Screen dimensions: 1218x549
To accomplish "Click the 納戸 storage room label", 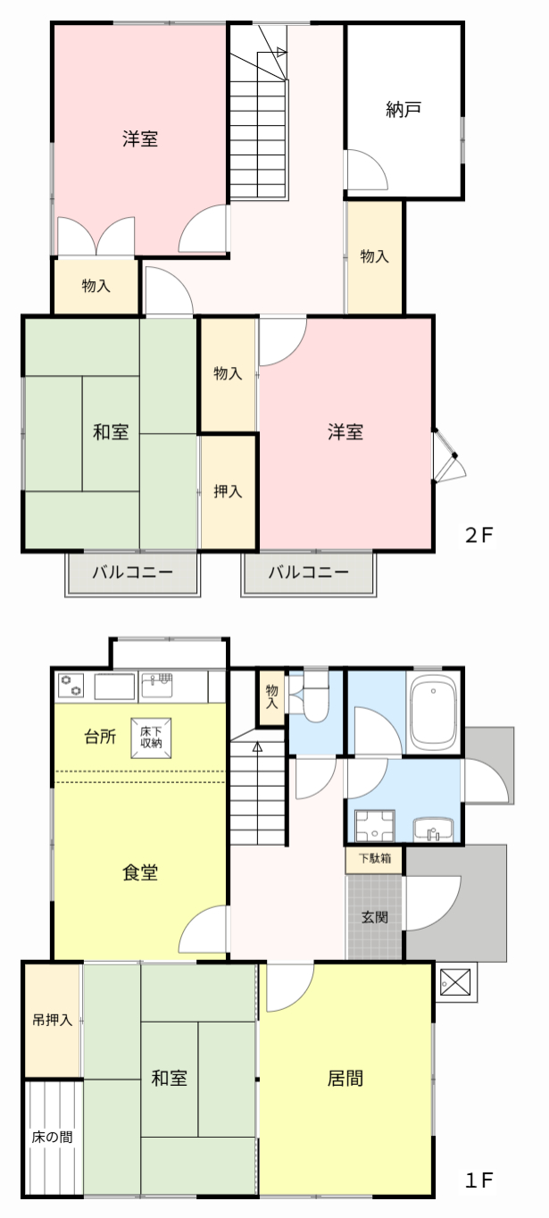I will tap(403, 110).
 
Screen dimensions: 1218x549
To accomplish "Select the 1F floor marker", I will tap(478, 1180).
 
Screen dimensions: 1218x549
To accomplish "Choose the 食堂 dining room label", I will tap(140, 872).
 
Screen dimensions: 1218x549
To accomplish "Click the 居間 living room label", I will tap(345, 1078).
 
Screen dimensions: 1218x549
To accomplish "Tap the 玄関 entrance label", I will tap(375, 917).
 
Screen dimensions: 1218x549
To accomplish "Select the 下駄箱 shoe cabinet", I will tap(375, 860).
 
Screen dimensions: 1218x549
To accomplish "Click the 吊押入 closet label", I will tap(53, 1020).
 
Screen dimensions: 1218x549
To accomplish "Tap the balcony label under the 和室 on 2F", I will tap(132, 572).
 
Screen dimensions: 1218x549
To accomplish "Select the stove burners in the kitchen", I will tap(71, 686).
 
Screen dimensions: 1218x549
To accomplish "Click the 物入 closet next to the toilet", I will tap(271, 697).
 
